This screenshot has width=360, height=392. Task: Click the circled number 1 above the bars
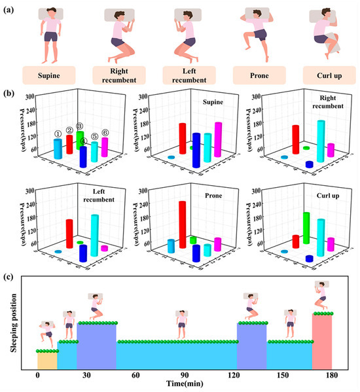58,134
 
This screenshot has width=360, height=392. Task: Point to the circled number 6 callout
105,134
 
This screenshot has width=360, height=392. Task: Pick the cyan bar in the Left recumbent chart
95,236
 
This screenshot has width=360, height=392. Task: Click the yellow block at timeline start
47,361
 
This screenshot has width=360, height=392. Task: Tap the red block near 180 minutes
322,342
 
